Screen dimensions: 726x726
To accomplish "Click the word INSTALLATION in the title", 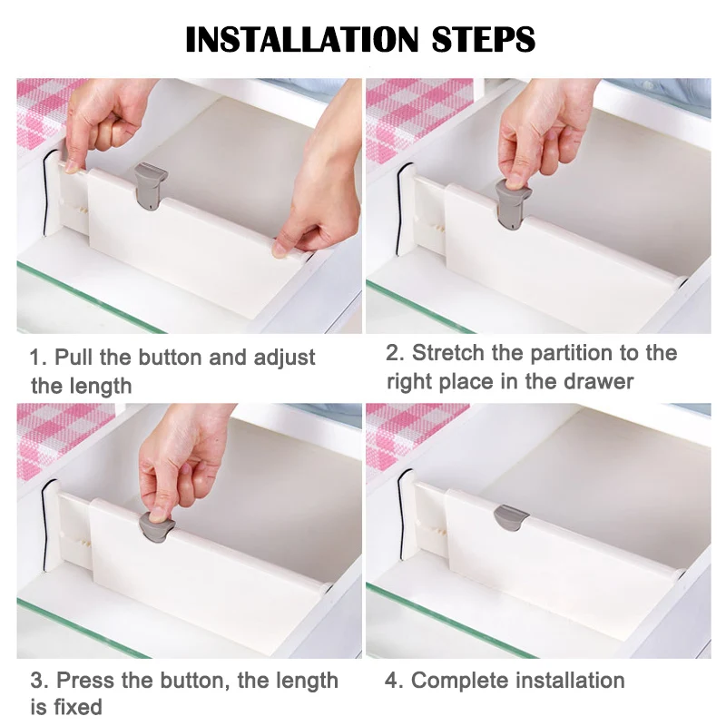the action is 302,39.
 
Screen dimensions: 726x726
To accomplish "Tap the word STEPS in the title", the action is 484,39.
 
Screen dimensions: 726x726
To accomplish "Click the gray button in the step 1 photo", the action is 150,185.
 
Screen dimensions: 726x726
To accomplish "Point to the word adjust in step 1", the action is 284,358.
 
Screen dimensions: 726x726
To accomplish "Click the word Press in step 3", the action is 85,681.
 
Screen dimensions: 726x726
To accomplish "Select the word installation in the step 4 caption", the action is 571,681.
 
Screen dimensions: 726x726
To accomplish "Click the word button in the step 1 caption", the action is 170,358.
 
